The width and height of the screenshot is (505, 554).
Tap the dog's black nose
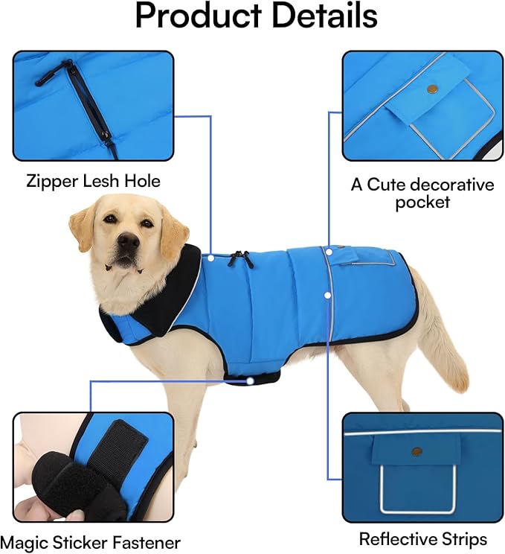[128, 240]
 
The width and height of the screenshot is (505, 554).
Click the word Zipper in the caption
[54, 180]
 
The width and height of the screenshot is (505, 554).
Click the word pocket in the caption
[422, 203]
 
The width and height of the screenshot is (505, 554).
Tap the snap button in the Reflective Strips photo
[416, 451]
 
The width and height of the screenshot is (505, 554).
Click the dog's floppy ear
[173, 233]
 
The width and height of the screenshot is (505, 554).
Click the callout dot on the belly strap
[251, 380]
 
